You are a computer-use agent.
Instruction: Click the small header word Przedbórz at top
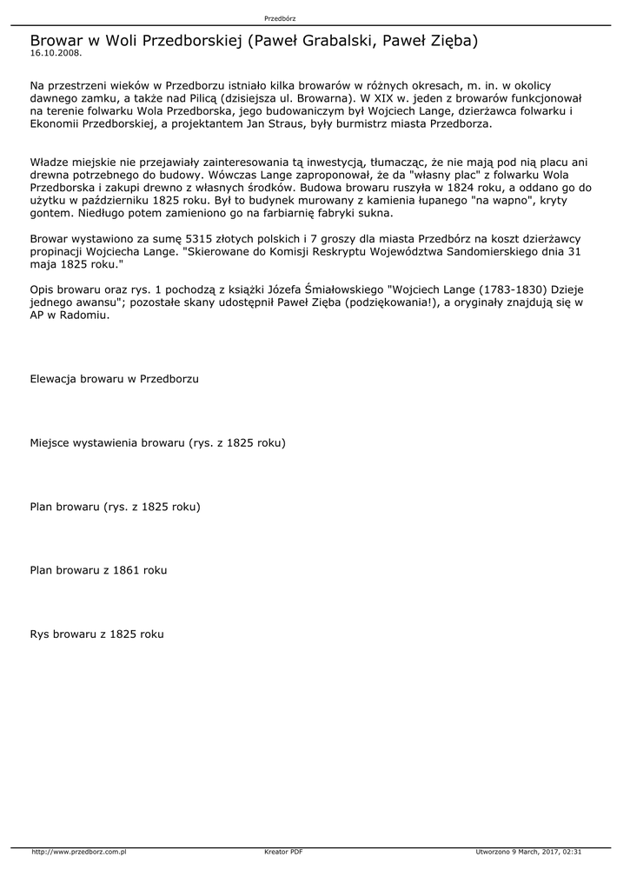[x=280, y=18]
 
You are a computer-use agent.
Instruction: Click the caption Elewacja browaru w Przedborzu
[x=115, y=380]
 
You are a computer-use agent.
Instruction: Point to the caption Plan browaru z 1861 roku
[x=98, y=570]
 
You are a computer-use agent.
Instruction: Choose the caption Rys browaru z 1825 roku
[x=96, y=634]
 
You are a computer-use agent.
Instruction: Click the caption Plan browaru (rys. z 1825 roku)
[x=115, y=507]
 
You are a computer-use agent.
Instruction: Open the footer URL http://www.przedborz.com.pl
[x=79, y=852]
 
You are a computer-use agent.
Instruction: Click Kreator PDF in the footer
[x=283, y=852]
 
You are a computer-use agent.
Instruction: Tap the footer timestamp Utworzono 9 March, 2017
[x=528, y=852]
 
